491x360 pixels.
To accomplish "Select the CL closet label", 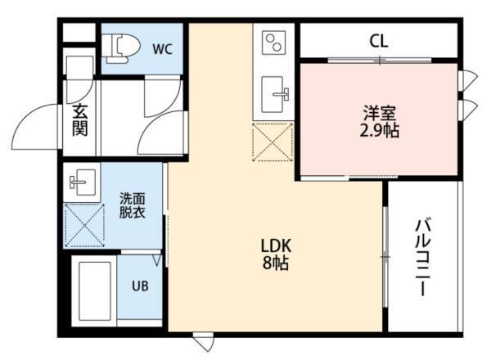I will pyautogui.click(x=377, y=40).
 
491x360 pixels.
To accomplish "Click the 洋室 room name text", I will pyautogui.click(x=379, y=112).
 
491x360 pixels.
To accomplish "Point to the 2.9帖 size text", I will pyautogui.click(x=379, y=131).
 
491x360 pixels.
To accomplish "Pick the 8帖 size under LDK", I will pyautogui.click(x=276, y=264).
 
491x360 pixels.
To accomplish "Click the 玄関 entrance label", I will pyautogui.click(x=80, y=119).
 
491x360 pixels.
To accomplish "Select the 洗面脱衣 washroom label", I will pyautogui.click(x=133, y=205).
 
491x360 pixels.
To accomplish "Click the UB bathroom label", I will pyautogui.click(x=141, y=287).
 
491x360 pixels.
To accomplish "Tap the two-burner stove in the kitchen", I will pyautogui.click(x=274, y=41).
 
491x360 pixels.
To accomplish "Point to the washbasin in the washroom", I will pyautogui.click(x=81, y=182).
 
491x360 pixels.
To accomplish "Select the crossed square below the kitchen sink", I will pyautogui.click(x=273, y=141).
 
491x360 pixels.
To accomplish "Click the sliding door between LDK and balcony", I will pyautogui.click(x=385, y=256).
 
